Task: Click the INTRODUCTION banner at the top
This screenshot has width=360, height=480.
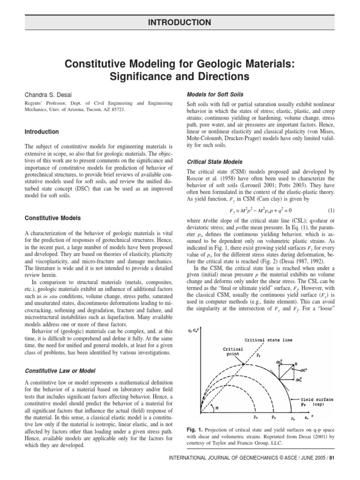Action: point(180,22)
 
